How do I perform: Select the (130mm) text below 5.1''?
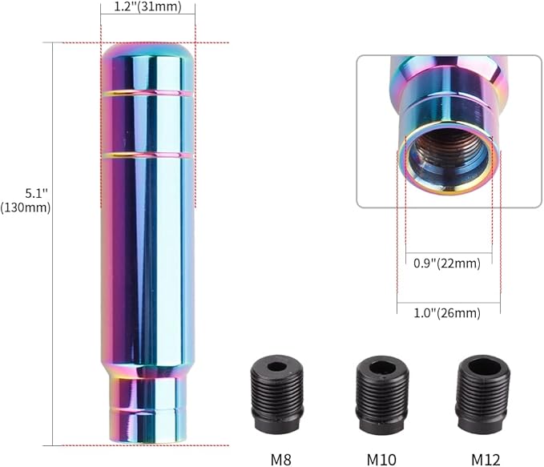pos(26,207)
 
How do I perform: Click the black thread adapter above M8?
pos(276,396)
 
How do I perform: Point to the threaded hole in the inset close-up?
pos(448,156)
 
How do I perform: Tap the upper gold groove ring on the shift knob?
pos(147,94)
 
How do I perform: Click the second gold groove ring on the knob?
pos(147,154)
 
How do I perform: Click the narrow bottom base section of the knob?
pos(147,409)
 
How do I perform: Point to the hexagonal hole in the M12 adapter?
pos(483,368)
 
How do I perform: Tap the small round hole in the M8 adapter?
pos(276,367)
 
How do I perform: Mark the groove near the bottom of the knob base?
pos(147,411)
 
